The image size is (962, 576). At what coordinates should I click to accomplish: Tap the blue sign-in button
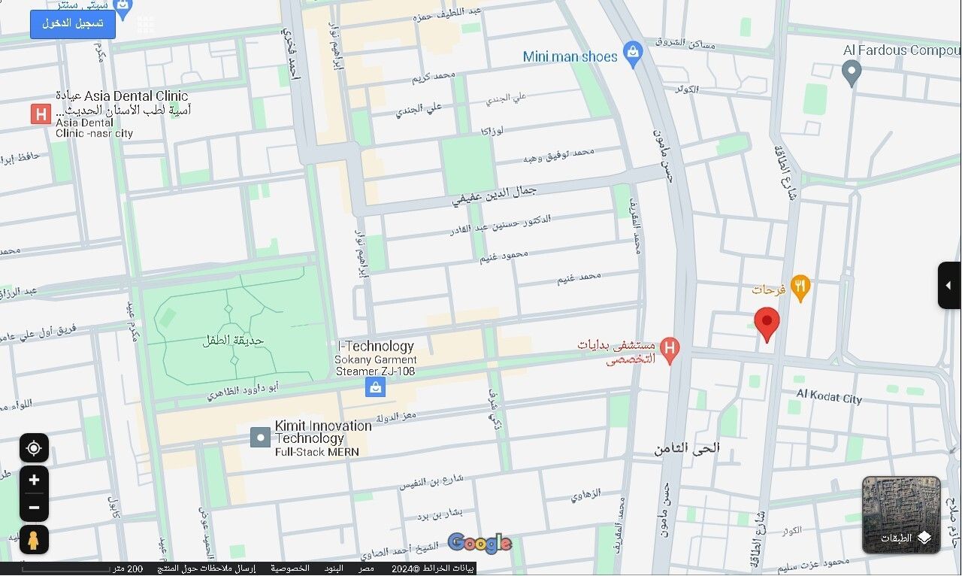[73, 24]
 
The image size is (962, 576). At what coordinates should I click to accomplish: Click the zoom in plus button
[34, 481]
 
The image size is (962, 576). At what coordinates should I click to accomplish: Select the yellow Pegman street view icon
[34, 539]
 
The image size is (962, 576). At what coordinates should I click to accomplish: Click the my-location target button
[34, 448]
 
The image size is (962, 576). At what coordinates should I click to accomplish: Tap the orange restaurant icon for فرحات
[800, 287]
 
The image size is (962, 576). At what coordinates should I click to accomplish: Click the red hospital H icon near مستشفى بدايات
[670, 348]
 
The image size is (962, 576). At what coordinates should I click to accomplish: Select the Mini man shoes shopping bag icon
[634, 55]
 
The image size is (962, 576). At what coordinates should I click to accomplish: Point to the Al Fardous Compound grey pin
[851, 72]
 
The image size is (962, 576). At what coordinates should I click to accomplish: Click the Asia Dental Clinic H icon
[41, 114]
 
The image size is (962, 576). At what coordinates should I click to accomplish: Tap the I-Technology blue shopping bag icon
[375, 387]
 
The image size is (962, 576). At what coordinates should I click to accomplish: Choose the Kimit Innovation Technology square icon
[260, 438]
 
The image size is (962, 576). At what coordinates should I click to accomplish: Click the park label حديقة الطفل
[233, 340]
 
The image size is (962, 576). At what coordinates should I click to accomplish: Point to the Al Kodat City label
[829, 398]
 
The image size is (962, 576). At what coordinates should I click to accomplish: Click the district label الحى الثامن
[686, 448]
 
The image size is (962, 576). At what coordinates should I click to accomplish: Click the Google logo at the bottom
[479, 543]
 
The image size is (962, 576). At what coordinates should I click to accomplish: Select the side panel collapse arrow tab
[948, 285]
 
